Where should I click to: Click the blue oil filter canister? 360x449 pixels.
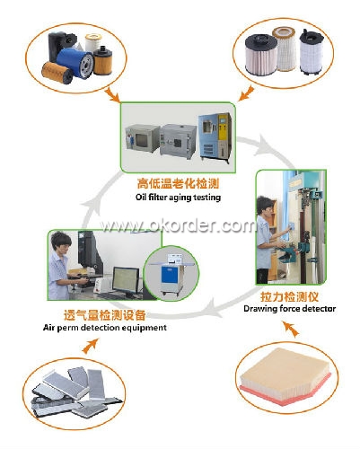pyautogui.click(x=75, y=63)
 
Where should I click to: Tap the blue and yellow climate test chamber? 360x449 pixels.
pyautogui.click(x=215, y=137)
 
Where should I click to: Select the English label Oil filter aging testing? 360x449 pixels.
pyautogui.click(x=178, y=198)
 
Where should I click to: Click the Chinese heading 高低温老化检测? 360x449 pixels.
pyautogui.click(x=178, y=183)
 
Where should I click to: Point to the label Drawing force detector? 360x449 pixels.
pyautogui.click(x=289, y=309)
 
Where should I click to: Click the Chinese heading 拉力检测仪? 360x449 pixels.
pyautogui.click(x=289, y=296)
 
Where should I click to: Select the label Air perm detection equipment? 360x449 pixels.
pyautogui.click(x=105, y=328)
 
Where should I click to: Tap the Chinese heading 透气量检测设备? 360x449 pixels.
pyautogui.click(x=105, y=315)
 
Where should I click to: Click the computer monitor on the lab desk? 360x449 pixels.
pyautogui.click(x=126, y=281)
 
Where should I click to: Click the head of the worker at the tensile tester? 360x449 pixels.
pyautogui.click(x=265, y=206)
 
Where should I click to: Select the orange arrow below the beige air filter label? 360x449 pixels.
pyautogui.click(x=291, y=330)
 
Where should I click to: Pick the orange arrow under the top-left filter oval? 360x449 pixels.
pyautogui.click(x=113, y=94)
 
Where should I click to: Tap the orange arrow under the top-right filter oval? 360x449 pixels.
pyautogui.click(x=246, y=93)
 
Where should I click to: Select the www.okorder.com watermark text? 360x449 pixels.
pyautogui.click(x=178, y=225)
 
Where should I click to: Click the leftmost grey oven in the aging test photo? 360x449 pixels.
pyautogui.click(x=142, y=138)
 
